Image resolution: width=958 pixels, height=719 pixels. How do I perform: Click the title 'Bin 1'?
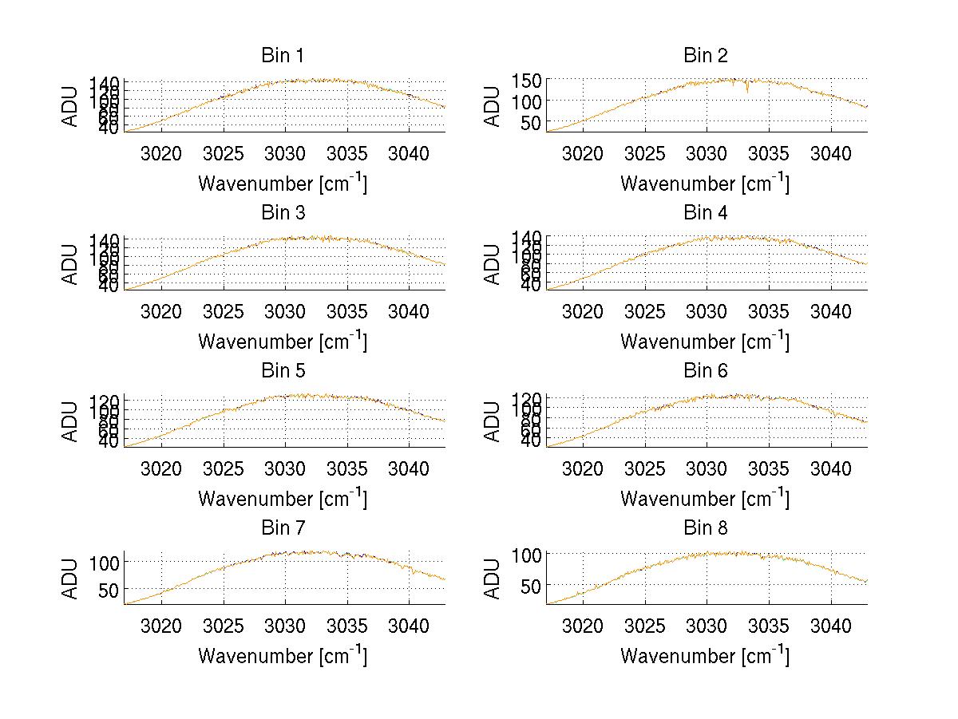pos(283,56)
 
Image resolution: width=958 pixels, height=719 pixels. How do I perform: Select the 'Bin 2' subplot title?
pos(706,56)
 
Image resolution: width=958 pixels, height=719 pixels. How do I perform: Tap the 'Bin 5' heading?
pos(283,371)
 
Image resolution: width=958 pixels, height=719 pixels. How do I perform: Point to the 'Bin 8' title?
pos(706,528)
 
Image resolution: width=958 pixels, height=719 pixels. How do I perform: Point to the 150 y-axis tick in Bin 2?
pos(532,80)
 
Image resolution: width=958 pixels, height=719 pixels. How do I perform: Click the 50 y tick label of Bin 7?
pos(110,590)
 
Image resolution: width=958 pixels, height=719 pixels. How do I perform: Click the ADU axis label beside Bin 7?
pos(71,579)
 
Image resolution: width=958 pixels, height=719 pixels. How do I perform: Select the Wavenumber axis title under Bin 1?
pos(283,184)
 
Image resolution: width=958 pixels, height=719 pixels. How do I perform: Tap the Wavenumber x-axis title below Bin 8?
pos(705,656)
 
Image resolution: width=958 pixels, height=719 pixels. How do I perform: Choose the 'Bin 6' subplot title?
pos(706,371)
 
